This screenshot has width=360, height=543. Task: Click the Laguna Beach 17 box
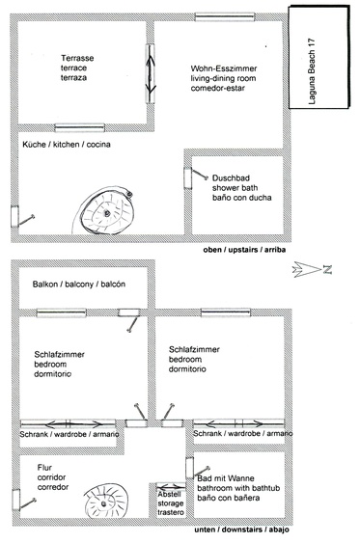point(319,57)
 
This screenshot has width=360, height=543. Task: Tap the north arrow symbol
point(312,269)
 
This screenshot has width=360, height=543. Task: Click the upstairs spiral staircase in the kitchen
point(104,211)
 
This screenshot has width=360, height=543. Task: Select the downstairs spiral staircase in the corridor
point(106,502)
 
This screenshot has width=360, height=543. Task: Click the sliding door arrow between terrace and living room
point(151,73)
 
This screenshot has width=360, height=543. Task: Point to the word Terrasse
point(77,58)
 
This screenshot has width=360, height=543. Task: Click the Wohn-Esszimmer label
point(224,68)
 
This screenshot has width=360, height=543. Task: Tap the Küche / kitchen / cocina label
point(67,145)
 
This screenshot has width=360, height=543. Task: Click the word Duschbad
point(231,178)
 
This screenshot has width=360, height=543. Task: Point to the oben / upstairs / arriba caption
point(244,250)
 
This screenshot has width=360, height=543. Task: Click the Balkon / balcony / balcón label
point(79,285)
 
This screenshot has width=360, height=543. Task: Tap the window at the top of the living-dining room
point(225,17)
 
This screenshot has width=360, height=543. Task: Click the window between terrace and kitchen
point(80,127)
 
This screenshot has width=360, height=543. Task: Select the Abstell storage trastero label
point(171,503)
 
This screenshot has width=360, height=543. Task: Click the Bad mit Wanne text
point(226,478)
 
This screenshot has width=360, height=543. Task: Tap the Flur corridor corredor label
point(53,477)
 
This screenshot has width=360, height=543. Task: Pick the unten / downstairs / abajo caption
point(241,529)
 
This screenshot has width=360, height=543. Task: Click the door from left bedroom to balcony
point(129,318)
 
